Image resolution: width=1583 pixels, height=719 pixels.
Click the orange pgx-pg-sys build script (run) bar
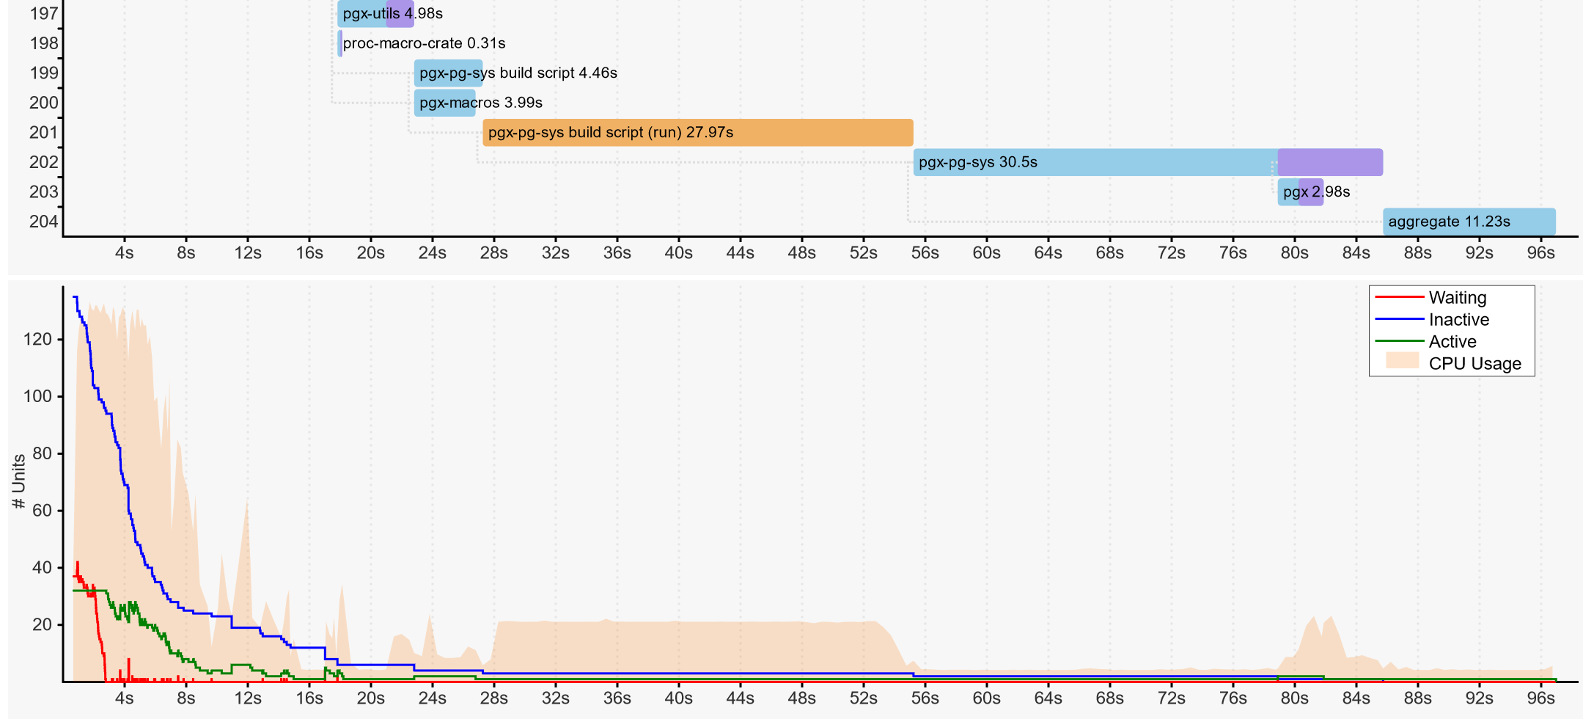click(x=697, y=133)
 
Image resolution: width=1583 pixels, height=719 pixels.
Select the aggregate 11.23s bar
click(x=1469, y=222)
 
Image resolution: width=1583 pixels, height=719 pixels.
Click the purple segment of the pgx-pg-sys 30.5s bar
click(x=1330, y=162)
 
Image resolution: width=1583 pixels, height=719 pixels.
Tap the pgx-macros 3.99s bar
click(x=447, y=103)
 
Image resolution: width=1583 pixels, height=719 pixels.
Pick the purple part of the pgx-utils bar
click(x=400, y=14)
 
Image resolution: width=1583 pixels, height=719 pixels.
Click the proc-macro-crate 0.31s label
click(x=424, y=43)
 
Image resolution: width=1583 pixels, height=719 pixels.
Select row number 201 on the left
click(x=43, y=133)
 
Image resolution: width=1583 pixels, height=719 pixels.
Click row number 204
click(x=43, y=222)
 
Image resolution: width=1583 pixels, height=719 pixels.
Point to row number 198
click(x=43, y=43)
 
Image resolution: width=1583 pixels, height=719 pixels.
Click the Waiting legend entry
click(x=1457, y=298)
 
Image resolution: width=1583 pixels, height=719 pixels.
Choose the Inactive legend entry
click(x=1458, y=320)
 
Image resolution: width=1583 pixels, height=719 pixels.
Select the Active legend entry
click(x=1452, y=342)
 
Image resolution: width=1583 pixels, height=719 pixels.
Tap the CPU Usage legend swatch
click(x=1402, y=361)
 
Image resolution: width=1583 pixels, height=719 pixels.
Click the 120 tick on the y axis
click(x=37, y=340)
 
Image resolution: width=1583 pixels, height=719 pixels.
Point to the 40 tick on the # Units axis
click(x=42, y=568)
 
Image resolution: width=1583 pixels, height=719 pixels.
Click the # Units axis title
click(x=19, y=481)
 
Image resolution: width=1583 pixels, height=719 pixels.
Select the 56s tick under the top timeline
click(x=925, y=253)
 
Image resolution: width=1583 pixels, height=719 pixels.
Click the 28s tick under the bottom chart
click(x=493, y=698)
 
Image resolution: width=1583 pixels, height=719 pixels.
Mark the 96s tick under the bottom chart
click(x=1540, y=698)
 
